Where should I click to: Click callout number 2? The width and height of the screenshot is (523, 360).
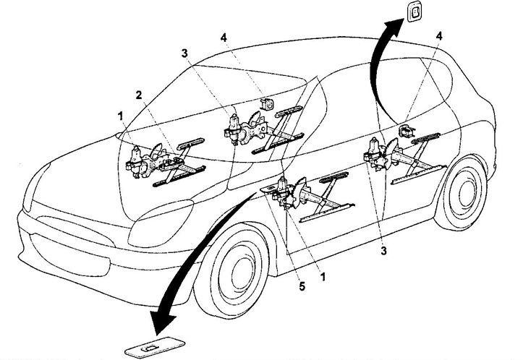(139, 95)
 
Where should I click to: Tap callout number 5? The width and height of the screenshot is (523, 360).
(302, 286)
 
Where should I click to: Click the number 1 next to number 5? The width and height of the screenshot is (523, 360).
(323, 276)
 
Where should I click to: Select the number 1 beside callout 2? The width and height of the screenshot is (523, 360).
(120, 116)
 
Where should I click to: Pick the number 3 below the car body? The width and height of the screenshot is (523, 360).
(384, 250)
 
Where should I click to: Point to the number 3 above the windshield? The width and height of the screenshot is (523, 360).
(184, 53)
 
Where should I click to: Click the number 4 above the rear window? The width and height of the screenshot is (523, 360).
(439, 36)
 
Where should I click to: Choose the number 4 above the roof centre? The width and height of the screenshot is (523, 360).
(224, 38)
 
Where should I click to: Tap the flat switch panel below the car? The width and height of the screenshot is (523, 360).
(155, 348)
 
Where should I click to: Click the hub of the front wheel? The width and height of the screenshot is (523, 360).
(239, 268)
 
